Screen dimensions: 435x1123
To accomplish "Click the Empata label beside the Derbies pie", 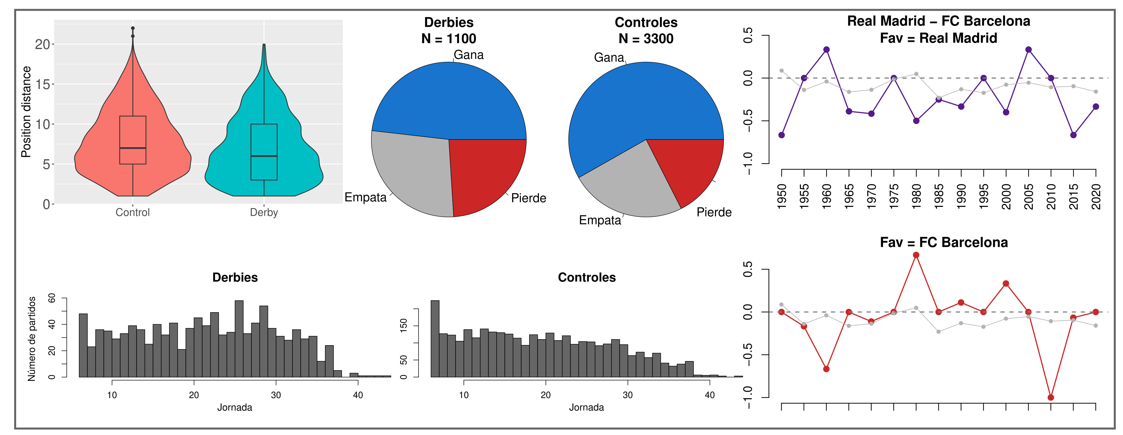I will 365,197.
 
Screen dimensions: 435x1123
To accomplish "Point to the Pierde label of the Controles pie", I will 714,212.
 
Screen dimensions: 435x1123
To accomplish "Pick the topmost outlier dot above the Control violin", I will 132,28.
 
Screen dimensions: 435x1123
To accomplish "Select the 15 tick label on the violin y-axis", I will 43,84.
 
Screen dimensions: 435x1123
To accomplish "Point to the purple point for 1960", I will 826,50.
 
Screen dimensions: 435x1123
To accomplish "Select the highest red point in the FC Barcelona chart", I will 916,255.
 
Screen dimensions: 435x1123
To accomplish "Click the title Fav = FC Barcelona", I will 944,242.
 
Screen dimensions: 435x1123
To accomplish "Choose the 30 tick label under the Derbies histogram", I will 276,395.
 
